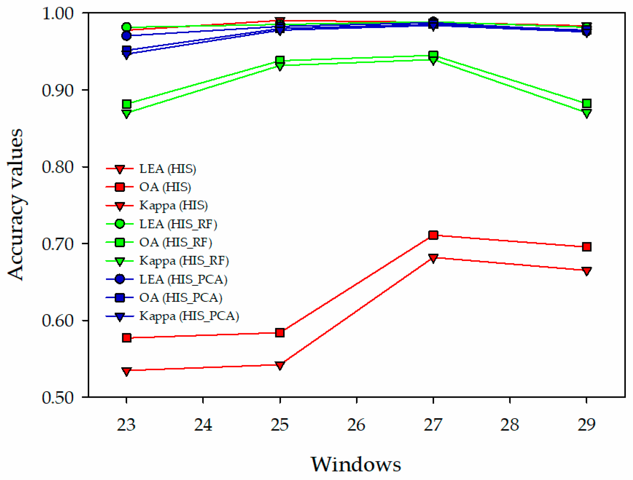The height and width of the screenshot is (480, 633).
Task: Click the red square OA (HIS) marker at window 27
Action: [433, 235]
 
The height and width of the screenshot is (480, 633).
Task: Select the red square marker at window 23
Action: [127, 338]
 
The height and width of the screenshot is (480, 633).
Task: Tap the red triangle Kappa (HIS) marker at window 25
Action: [280, 365]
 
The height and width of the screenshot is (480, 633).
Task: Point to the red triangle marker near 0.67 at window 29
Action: [586, 271]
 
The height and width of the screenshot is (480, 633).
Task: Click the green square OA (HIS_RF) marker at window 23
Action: [127, 104]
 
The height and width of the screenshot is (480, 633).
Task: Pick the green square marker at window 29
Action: [586, 104]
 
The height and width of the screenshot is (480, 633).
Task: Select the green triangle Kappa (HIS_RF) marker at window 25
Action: [280, 66]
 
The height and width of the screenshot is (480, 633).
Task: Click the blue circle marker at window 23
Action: [127, 36]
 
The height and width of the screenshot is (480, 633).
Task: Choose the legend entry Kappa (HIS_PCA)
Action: [189, 316]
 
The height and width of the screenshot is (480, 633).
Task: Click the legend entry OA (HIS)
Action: [165, 187]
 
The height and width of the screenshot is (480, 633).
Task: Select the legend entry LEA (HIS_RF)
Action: [178, 224]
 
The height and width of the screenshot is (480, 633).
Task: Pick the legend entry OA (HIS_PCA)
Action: [180, 297]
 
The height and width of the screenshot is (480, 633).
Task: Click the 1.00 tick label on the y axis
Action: [58, 13]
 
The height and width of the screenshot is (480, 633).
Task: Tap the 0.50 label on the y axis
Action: [58, 398]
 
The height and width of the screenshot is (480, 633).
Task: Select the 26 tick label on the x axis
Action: [356, 425]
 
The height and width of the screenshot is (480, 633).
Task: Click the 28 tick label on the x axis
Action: [509, 425]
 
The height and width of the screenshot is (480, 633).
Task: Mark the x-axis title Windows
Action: [356, 464]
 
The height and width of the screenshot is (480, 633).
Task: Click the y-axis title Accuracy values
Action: [16, 205]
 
